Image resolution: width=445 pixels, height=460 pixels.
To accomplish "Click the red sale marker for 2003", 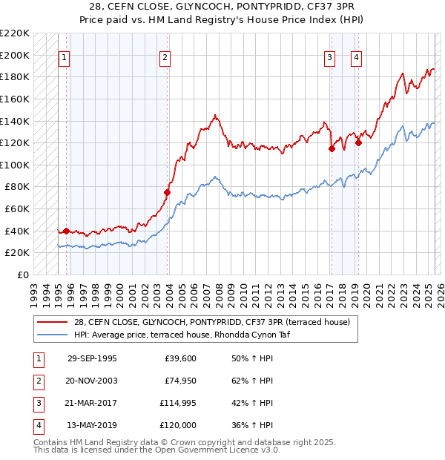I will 167,193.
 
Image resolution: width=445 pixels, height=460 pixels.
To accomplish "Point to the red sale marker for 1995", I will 66,231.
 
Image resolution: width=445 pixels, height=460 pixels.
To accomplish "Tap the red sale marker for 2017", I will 332,148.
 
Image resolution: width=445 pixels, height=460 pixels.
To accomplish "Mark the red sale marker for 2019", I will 358,143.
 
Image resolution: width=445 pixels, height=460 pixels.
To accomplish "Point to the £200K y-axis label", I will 15,55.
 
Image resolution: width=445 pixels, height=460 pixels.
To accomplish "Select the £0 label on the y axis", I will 22,275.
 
